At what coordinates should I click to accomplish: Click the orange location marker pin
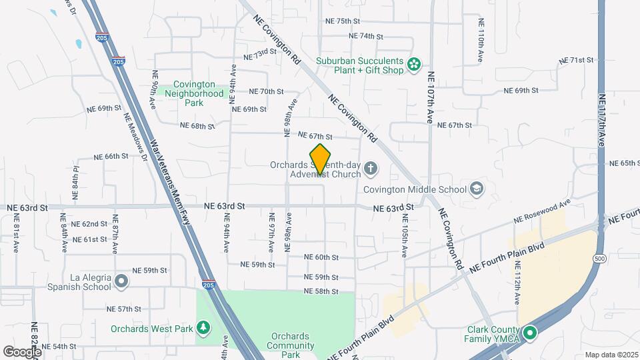(321, 159)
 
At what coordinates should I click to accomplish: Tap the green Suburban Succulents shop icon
(415, 65)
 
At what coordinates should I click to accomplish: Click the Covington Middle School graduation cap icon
(477, 189)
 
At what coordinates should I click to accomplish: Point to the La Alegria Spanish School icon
(121, 281)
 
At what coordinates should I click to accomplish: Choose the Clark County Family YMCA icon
(530, 333)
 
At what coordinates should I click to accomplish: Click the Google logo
(21, 351)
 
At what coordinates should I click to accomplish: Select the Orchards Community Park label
(291, 345)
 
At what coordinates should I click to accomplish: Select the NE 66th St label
(111, 156)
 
